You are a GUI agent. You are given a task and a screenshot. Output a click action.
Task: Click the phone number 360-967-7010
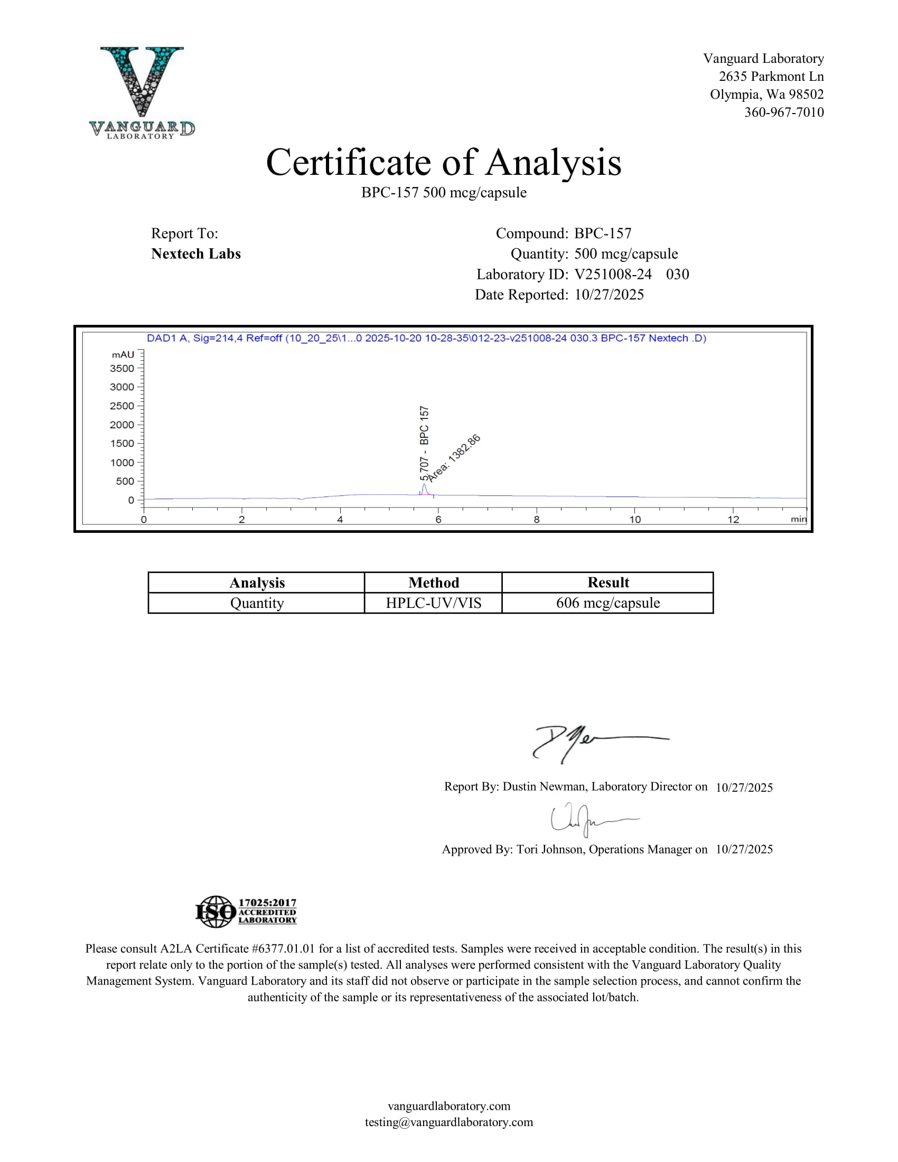click(x=783, y=113)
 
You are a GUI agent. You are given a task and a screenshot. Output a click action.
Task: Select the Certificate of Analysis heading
click(x=444, y=162)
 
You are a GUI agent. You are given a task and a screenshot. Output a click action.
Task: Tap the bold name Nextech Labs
click(x=196, y=254)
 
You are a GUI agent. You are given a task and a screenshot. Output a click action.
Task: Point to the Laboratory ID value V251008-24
click(x=613, y=274)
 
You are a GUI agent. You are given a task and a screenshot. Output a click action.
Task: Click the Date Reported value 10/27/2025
click(x=609, y=295)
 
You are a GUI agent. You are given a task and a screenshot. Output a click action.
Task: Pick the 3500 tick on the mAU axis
click(x=123, y=368)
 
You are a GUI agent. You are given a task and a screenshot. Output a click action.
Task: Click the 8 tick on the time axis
click(x=537, y=519)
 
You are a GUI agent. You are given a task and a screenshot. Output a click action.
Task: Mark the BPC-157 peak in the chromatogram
click(x=424, y=487)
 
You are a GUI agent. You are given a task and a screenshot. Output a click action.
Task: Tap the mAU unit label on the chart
click(x=123, y=354)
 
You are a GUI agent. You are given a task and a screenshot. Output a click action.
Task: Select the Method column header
click(x=434, y=583)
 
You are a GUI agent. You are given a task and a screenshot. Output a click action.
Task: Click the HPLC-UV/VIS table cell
click(x=434, y=603)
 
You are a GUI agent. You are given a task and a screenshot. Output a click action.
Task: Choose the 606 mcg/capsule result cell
click(x=608, y=603)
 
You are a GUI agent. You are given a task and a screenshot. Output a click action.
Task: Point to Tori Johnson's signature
click(x=591, y=819)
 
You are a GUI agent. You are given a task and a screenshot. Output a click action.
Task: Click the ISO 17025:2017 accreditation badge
click(x=246, y=912)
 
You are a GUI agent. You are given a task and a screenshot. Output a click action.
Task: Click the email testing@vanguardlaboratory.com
click(x=449, y=1122)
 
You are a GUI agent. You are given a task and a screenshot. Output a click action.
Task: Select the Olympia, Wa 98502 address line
click(x=766, y=94)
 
